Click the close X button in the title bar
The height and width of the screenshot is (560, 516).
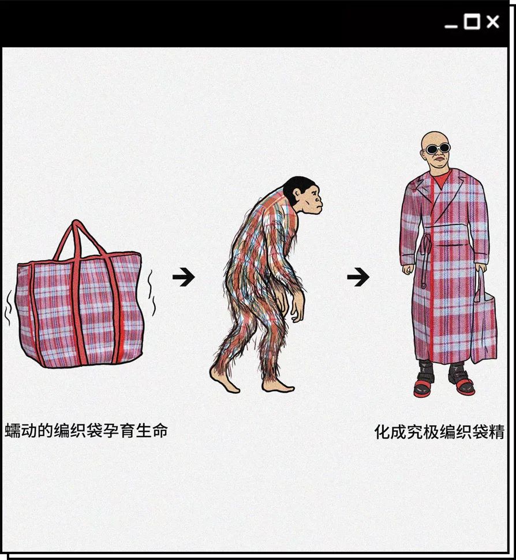coord(492,22)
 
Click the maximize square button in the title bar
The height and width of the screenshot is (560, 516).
coord(472,22)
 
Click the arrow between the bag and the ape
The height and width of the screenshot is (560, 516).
coord(184,277)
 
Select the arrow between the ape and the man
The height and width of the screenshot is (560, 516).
coord(358,277)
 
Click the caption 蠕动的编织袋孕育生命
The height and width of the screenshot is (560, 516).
coord(86,430)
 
